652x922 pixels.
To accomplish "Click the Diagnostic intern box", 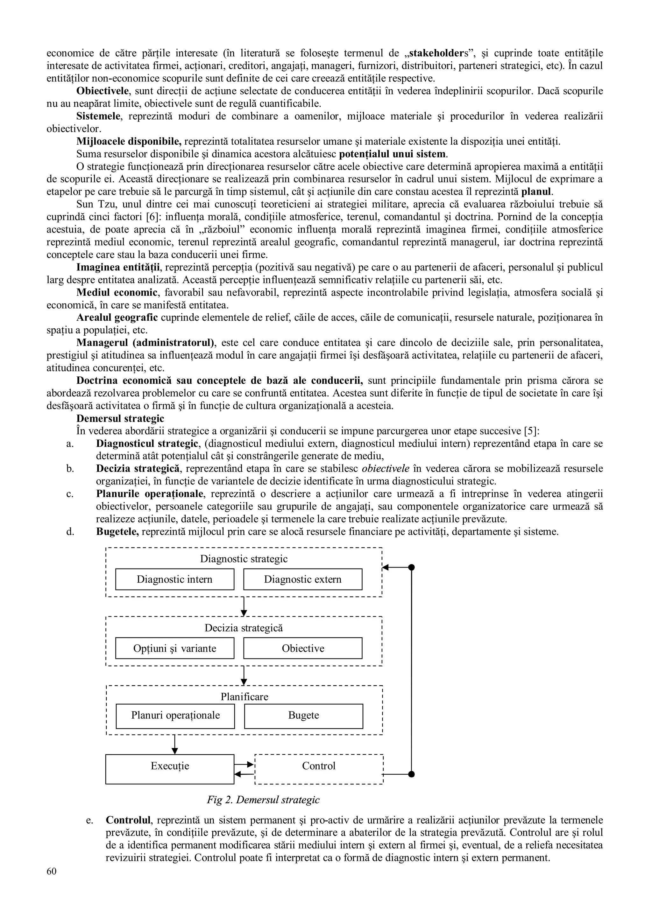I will click(174, 579).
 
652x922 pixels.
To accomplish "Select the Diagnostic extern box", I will click(302, 579).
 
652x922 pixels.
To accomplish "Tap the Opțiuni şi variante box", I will click(174, 648).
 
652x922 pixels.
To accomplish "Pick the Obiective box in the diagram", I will click(302, 648).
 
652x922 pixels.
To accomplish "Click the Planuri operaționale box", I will click(175, 715).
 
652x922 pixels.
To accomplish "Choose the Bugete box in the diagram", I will click(303, 715).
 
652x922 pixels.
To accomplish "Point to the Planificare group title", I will click(244, 696).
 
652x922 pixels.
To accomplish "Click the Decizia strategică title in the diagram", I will click(244, 628).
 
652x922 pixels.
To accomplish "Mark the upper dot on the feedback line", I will click(411, 567).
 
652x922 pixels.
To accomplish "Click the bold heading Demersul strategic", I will click(120, 418).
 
